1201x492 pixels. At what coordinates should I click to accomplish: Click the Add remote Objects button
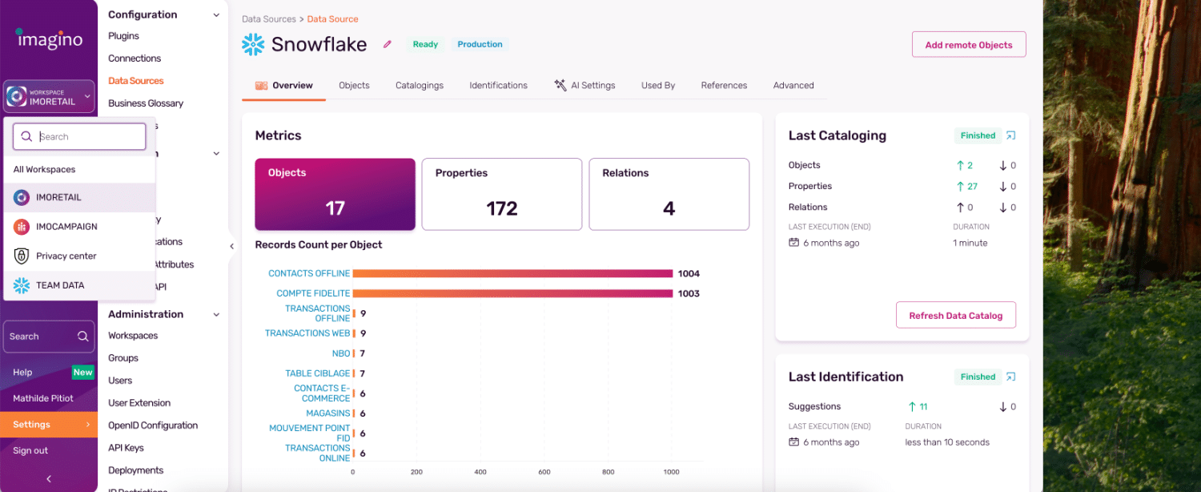point(968,45)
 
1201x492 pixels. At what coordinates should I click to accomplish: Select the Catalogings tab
point(419,86)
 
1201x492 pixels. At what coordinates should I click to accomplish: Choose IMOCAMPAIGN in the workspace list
point(66,227)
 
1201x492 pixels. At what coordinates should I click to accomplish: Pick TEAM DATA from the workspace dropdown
point(60,285)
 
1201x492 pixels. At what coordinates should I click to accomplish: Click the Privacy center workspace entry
point(66,256)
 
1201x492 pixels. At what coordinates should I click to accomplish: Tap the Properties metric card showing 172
point(501,194)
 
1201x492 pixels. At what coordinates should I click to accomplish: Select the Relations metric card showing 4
point(669,194)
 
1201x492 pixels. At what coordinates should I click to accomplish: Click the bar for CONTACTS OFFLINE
point(512,274)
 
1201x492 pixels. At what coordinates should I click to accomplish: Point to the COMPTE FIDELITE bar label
point(313,294)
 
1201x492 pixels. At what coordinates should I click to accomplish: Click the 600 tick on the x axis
point(544,472)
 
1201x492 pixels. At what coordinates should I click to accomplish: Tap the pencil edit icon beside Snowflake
point(388,45)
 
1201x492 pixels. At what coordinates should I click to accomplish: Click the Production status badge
point(480,45)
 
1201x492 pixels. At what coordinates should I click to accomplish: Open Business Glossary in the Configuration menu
point(146,103)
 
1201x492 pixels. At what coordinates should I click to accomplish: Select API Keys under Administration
point(126,448)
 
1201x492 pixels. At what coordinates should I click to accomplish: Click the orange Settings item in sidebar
point(48,425)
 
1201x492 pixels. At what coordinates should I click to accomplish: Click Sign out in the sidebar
point(30,450)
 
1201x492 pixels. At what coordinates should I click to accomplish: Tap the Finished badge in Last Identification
point(978,377)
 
